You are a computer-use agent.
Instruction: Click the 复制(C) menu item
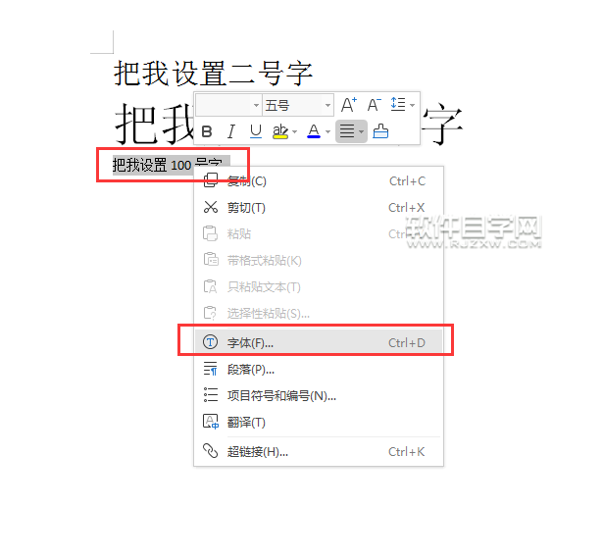coord(247,181)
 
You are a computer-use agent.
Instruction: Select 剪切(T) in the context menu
coord(247,208)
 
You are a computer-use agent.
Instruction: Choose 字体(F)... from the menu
coord(251,343)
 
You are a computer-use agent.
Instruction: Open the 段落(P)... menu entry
coord(251,370)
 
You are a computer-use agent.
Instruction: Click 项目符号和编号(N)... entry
coord(281,396)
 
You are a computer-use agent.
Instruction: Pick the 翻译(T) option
coord(246,423)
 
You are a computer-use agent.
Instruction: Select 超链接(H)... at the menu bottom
coord(257,452)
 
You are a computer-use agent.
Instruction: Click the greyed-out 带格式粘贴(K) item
coord(264,261)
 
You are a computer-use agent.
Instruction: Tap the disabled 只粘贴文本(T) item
coord(264,287)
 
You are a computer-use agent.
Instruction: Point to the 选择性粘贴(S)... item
coord(268,314)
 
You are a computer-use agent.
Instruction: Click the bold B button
coord(207,131)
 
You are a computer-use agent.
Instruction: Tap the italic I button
coord(231,131)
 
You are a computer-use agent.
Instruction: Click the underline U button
coord(256,131)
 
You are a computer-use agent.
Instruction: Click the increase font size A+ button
coord(349,105)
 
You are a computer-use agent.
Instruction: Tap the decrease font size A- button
coord(374,105)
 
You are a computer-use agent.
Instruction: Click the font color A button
coord(314,131)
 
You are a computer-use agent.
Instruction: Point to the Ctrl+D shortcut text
coord(407,343)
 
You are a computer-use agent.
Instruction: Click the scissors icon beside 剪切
coord(210,208)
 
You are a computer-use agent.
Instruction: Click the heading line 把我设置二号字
coord(213,73)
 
